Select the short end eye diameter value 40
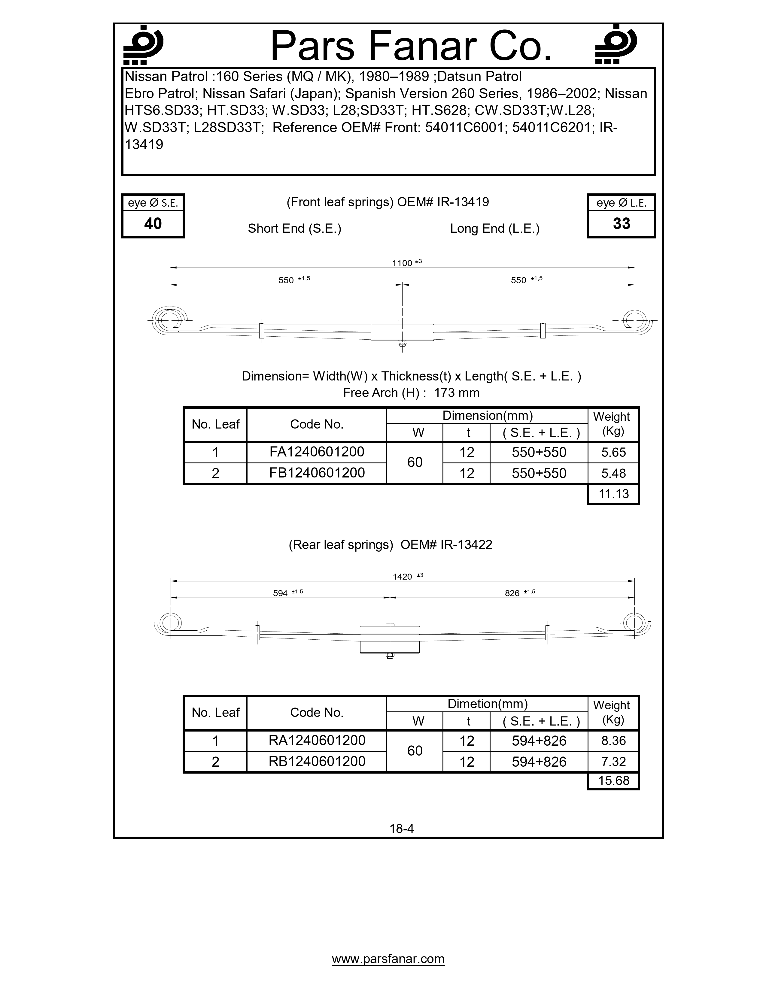[153, 224]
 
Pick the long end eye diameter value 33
[621, 224]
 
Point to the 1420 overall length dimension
[403, 577]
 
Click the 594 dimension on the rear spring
[281, 593]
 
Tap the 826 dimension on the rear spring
[512, 593]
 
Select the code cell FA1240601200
[317, 452]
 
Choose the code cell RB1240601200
[317, 761]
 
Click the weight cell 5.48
[613, 473]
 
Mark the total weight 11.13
[613, 494]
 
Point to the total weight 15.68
[613, 780]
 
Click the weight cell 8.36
[613, 741]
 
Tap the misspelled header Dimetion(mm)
[487, 704]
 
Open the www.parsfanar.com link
[388, 959]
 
